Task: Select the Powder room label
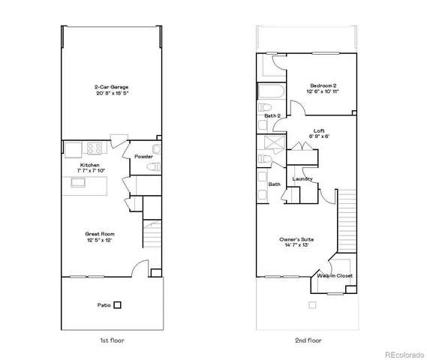(x=144, y=157)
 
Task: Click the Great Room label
(x=100, y=234)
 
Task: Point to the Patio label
(x=105, y=305)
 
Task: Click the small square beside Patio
(x=118, y=305)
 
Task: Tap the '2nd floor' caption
(x=308, y=340)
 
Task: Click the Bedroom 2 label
(x=322, y=85)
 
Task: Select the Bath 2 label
(x=272, y=116)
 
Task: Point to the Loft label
(x=318, y=130)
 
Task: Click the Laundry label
(x=302, y=178)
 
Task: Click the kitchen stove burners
(x=95, y=147)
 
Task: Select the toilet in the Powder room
(x=155, y=169)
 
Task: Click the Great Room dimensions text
(x=100, y=241)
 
